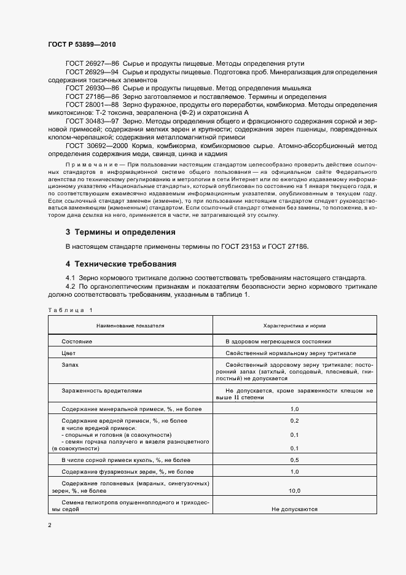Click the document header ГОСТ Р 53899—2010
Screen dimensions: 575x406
coord(82,45)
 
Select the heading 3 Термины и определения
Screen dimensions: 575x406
coord(120,232)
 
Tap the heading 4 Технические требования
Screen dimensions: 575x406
coord(121,264)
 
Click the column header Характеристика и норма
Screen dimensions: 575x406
coord(294,325)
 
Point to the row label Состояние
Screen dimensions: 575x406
coord(77,341)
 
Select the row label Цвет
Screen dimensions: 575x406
coord(69,354)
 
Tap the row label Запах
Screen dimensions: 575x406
coord(71,365)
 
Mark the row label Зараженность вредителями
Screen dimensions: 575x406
coord(102,390)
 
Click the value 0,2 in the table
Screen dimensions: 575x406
coord(294,420)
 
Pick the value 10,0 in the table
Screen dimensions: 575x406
coord(294,490)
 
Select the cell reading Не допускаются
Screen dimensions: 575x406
coord(294,509)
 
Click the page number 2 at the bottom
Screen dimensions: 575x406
coord(50,525)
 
